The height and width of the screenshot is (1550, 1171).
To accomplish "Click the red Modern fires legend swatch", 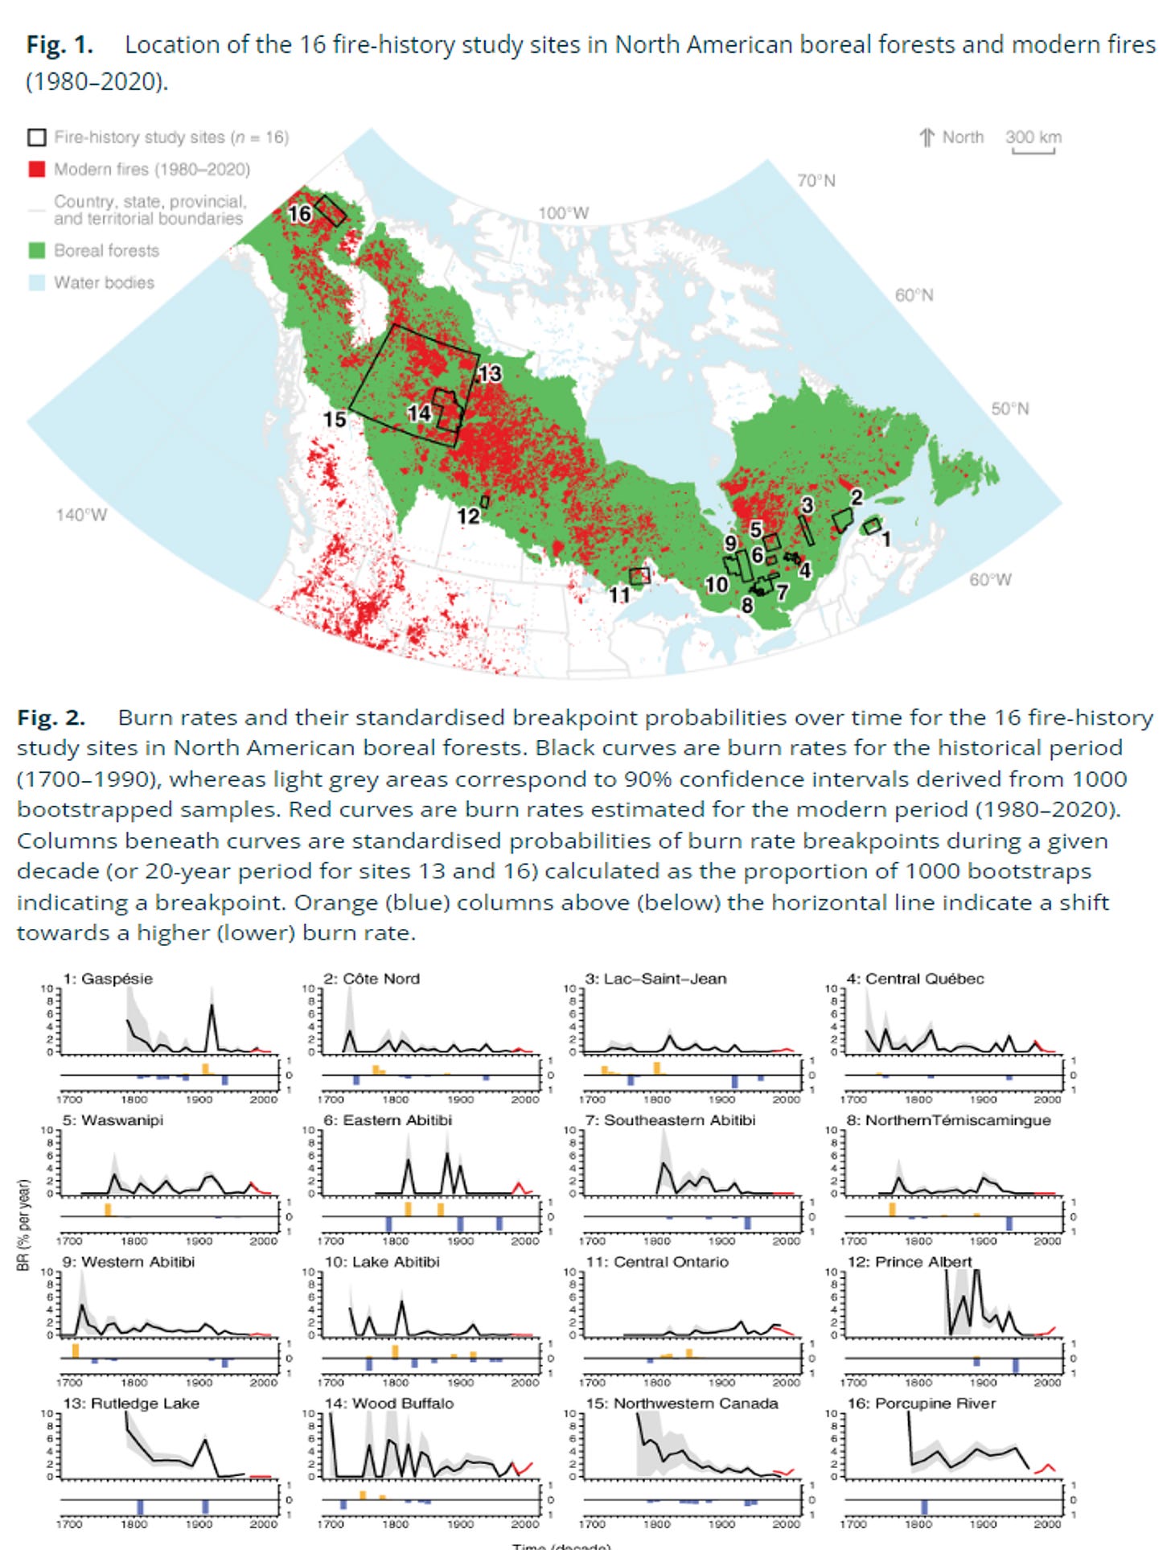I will (x=37, y=170).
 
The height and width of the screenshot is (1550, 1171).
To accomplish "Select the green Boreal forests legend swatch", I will (x=37, y=250).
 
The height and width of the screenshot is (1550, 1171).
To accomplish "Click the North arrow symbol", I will (x=927, y=138).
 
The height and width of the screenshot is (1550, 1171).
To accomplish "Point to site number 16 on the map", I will (x=300, y=214).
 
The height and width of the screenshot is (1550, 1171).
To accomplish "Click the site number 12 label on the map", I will (x=468, y=516).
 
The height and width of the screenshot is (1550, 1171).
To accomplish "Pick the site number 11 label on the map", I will (x=618, y=594).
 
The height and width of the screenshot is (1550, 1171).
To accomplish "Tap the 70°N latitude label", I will (x=816, y=181).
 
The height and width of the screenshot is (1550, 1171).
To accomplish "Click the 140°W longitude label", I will (x=80, y=515).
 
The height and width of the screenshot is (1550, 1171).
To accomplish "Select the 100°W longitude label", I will (x=563, y=213).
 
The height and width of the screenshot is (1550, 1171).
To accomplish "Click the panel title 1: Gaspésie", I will (x=108, y=979).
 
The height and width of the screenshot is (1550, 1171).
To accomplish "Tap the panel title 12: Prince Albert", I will (x=910, y=1262).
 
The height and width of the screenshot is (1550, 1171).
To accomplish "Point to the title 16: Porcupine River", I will (x=921, y=1404).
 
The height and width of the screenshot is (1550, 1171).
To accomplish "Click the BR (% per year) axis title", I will (x=23, y=1225).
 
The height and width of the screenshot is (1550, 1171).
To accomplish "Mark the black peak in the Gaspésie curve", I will (x=212, y=1005).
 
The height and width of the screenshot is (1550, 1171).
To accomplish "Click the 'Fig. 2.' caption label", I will (x=51, y=717).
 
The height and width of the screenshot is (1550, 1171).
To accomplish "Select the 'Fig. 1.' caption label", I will (x=60, y=45).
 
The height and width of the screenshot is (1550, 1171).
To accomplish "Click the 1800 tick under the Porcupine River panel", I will (x=918, y=1524).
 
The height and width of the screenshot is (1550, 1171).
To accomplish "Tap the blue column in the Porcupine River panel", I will (x=924, y=1507).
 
